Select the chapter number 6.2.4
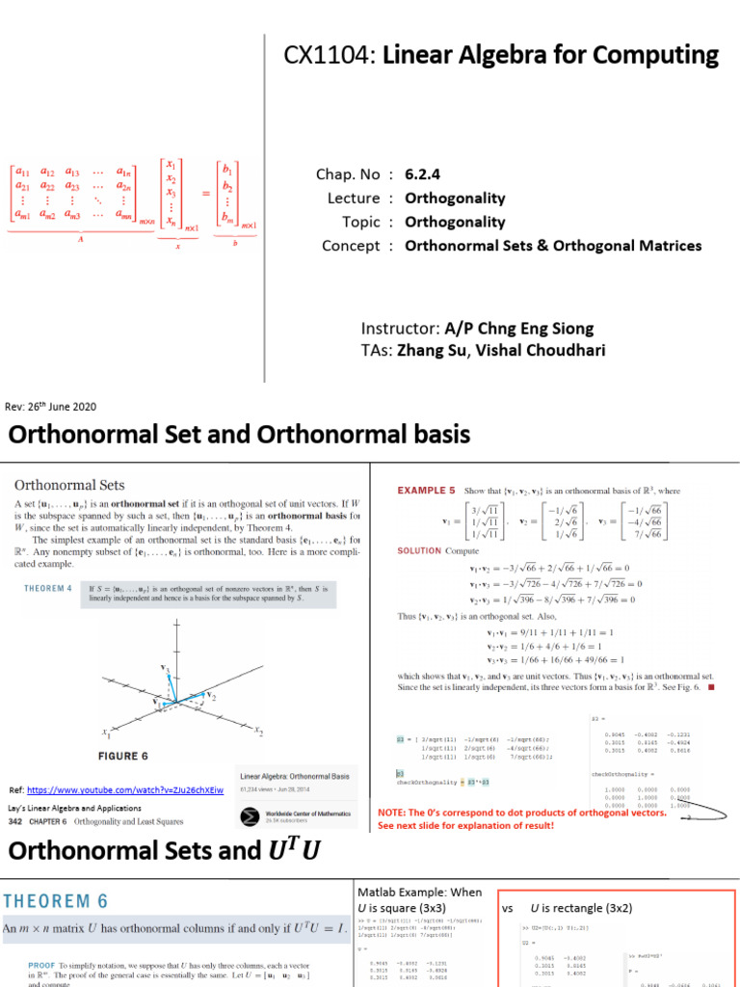426,174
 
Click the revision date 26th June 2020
65,408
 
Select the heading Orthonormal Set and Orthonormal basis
239,435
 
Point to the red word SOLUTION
419,551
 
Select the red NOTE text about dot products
521,818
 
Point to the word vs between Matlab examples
507,908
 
